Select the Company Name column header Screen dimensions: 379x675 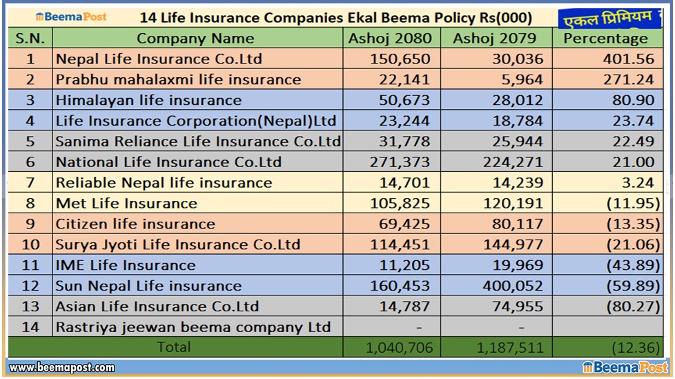tap(195, 39)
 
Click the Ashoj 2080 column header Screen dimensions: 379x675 tap(390, 39)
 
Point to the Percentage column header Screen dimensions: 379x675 tap(605, 39)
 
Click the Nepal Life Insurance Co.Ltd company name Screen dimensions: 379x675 tap(159, 59)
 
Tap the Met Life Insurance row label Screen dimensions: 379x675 tap(126, 204)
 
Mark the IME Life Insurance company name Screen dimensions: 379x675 tap(126, 265)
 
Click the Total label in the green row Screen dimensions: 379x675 tap(174, 347)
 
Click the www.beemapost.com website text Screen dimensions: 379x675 tap(62, 368)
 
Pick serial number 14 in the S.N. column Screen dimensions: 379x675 tap(30, 327)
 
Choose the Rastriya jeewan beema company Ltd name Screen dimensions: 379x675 tap(193, 327)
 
